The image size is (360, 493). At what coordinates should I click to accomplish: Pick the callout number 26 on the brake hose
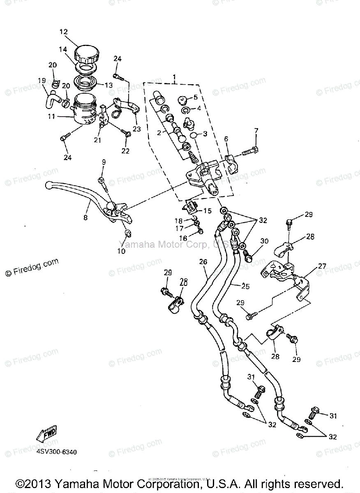[x=203, y=262]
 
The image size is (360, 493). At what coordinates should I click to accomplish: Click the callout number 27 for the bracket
[x=322, y=266]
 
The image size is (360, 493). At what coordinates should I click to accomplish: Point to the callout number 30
[x=264, y=241]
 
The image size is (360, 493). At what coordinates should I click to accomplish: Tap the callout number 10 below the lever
[x=122, y=251]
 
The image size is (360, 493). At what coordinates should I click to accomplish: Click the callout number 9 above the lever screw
[x=104, y=162]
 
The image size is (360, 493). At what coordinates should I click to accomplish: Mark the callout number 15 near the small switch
[x=207, y=211]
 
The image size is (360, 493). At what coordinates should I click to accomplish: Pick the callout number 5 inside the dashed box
[x=195, y=97]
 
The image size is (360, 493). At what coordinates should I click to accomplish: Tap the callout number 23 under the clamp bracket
[x=136, y=129]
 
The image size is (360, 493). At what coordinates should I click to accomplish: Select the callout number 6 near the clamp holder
[x=226, y=139]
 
